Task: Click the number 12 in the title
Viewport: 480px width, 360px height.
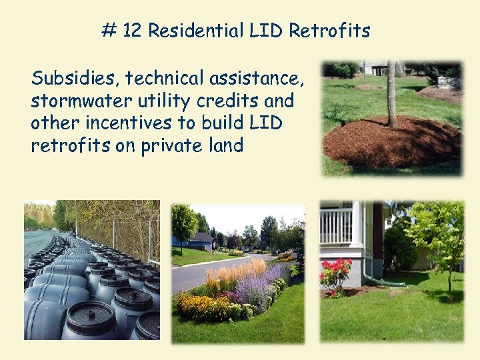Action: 131,31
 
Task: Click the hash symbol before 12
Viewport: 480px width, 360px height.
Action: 107,31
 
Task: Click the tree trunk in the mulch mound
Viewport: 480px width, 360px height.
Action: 391,93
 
